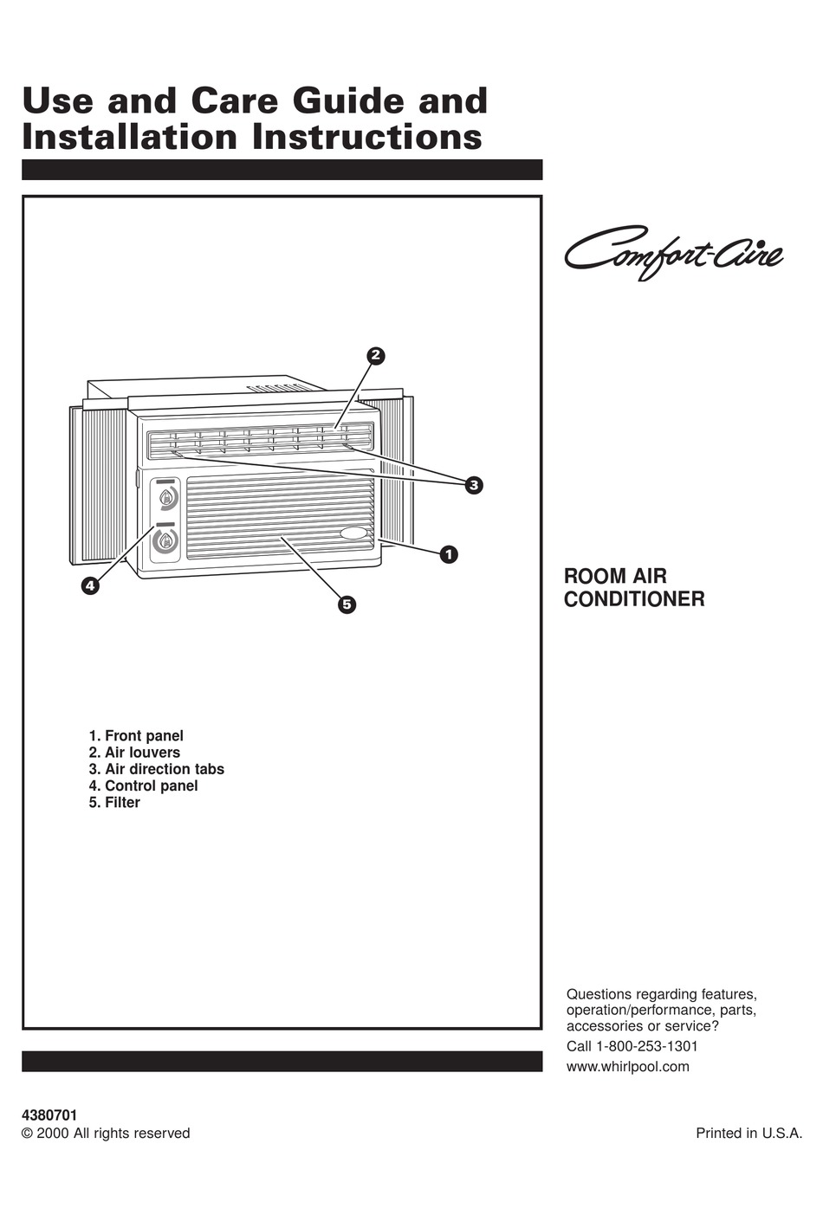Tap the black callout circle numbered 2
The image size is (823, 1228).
tap(374, 355)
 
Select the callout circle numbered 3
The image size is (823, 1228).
tap(473, 485)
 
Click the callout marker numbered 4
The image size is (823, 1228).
tap(89, 585)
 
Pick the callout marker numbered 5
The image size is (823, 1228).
tap(347, 604)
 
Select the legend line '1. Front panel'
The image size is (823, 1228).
tap(136, 736)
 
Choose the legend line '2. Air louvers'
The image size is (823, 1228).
tap(134, 753)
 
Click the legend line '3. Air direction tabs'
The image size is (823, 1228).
tap(156, 769)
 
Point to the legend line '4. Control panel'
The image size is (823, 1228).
tap(143, 785)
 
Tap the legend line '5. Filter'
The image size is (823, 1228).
tap(114, 803)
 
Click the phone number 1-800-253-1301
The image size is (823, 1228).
tap(646, 1046)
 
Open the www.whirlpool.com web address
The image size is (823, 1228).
tap(627, 1067)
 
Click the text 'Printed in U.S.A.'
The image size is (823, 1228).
tap(748, 1134)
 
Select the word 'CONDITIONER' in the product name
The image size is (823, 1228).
tap(634, 598)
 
